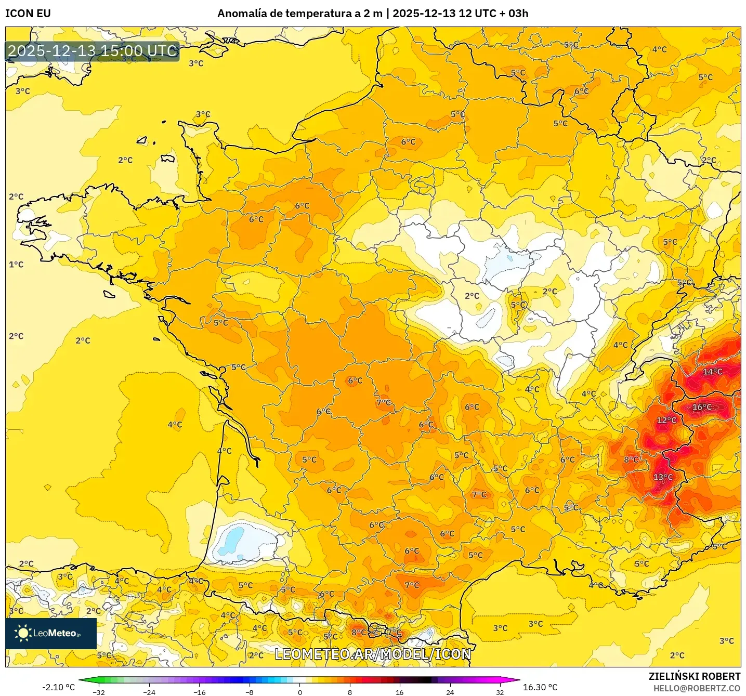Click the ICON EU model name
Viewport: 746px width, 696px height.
[28, 14]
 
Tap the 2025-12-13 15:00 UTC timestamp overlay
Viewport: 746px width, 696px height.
[93, 51]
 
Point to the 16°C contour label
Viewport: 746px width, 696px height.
[702, 407]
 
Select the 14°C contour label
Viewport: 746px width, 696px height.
[712, 372]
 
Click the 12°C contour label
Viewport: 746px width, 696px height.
[666, 420]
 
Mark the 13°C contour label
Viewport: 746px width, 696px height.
[663, 477]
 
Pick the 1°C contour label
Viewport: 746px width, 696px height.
[16, 265]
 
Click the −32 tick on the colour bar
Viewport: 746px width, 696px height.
[99, 692]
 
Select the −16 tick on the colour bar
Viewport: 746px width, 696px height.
[199, 692]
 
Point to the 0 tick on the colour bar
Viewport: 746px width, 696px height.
[300, 692]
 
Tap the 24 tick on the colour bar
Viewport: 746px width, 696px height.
[450, 692]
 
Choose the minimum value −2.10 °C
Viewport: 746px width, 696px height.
[58, 687]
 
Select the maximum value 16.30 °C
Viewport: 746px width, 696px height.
[540, 687]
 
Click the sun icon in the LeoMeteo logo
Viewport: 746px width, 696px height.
[23, 633]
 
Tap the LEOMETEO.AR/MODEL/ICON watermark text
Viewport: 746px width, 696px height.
[373, 654]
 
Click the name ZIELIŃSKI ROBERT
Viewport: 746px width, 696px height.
[694, 676]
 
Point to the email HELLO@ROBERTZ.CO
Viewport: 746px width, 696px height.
[697, 688]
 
